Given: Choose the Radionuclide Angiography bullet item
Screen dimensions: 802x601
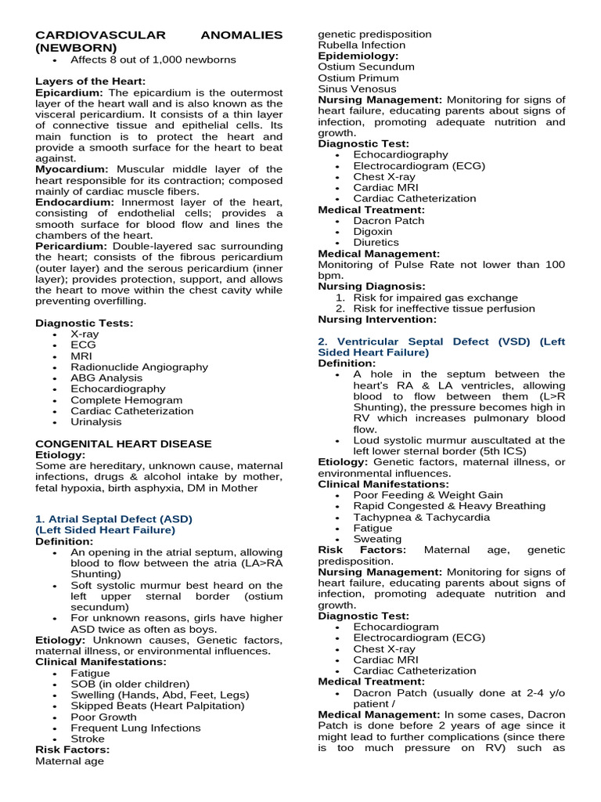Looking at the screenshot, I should [139, 367].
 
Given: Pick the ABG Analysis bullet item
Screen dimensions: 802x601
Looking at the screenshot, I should [106, 378].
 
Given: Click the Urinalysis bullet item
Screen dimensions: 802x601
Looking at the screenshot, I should [96, 421].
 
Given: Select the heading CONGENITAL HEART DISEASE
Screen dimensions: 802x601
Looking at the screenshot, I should [124, 443].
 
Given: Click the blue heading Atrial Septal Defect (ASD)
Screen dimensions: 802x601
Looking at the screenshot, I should [113, 518].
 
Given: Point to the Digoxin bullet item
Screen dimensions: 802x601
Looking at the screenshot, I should [372, 232].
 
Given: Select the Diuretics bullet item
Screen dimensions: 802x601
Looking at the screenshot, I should [376, 243].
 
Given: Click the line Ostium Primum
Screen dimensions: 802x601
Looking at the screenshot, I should [358, 78].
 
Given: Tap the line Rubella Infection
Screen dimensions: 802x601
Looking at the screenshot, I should [362, 45].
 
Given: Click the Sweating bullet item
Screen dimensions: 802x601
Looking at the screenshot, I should [377, 539].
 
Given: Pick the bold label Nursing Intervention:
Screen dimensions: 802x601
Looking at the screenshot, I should [377, 320].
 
